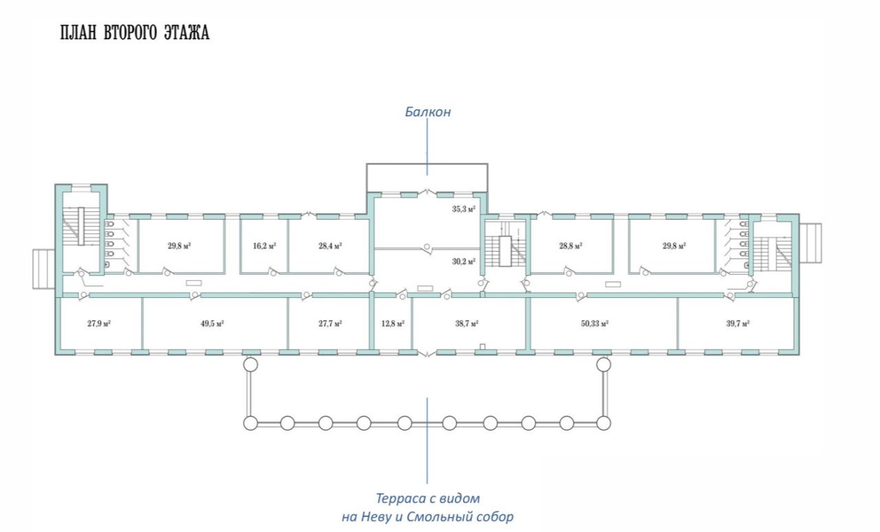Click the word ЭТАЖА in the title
point(186,32)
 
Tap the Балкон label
point(428,112)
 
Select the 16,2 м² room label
point(265,246)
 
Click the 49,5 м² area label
point(212,324)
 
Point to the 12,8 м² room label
point(393,324)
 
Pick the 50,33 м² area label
point(595,324)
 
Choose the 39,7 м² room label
point(738,324)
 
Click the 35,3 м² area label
point(463,209)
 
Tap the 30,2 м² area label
point(463,262)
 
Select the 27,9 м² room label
point(98,324)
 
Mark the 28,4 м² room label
point(330,246)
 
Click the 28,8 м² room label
point(571,246)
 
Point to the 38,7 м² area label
point(467,324)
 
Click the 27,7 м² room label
point(330,324)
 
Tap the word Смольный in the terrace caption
point(438,517)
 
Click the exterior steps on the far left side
point(44,269)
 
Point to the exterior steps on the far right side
point(811,243)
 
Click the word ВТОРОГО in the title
point(129,32)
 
